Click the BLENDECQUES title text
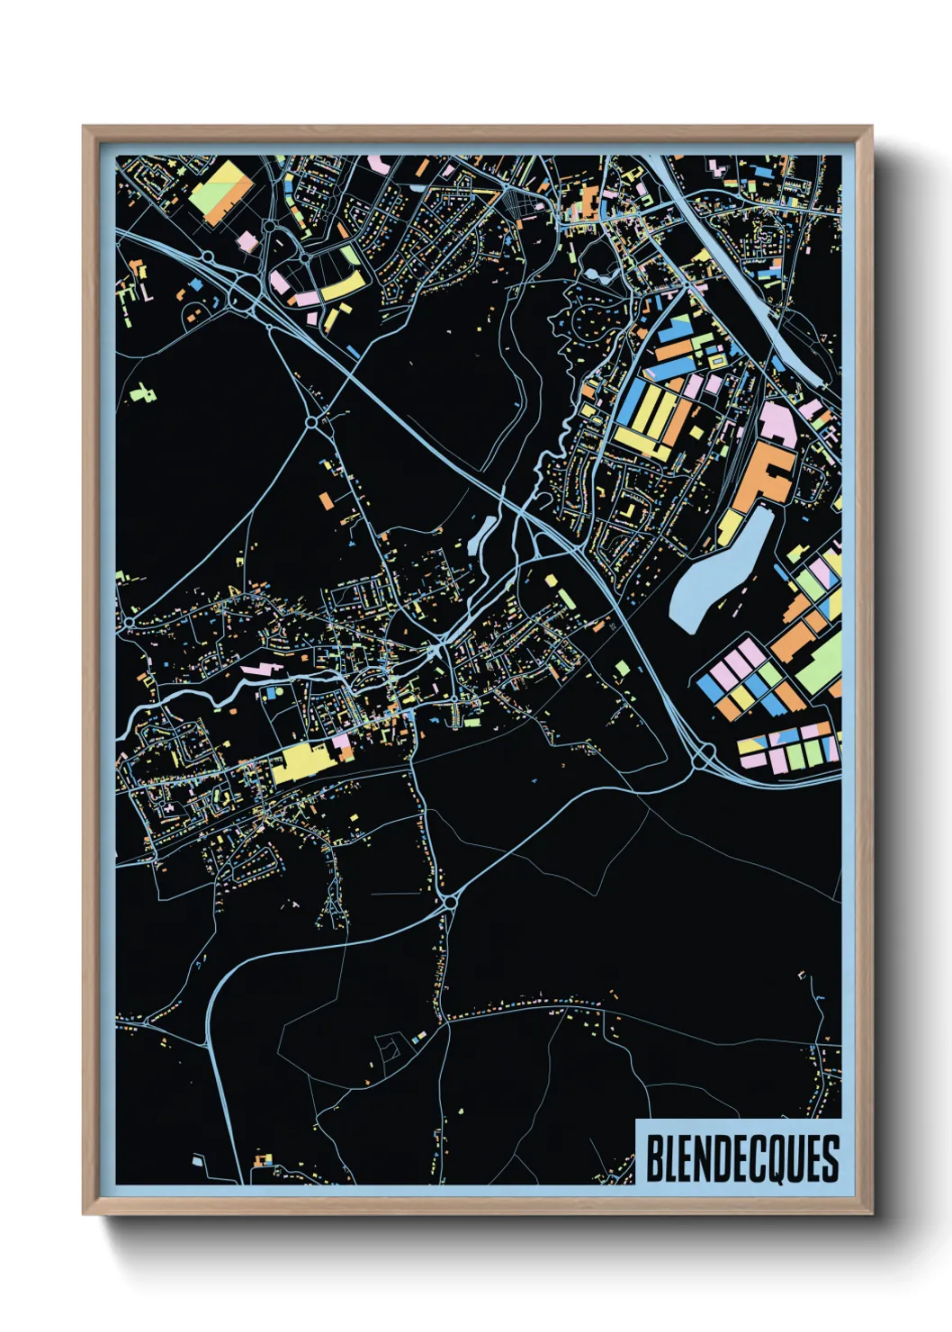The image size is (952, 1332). click(741, 1158)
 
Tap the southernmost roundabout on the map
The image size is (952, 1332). click(450, 898)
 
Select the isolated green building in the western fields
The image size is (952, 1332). click(142, 391)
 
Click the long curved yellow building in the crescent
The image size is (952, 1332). click(344, 286)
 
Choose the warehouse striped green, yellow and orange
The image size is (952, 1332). click(220, 191)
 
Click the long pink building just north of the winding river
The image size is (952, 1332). click(260, 669)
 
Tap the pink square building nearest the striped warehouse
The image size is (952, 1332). click(246, 241)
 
